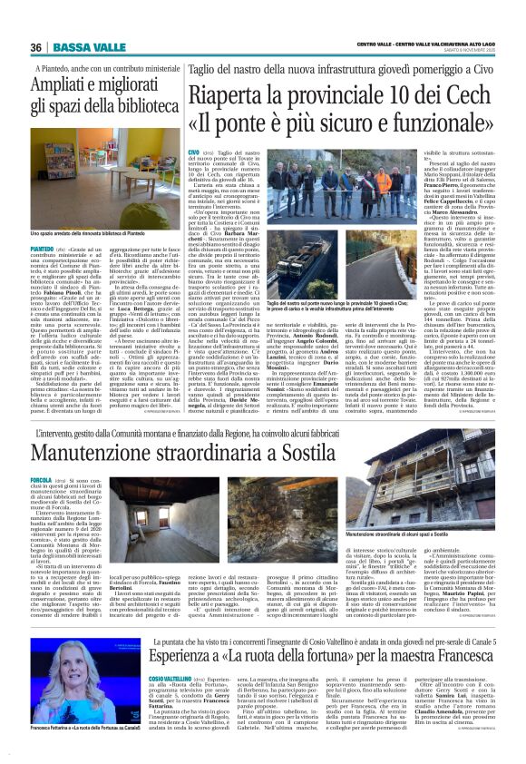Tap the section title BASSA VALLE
coord(79,47)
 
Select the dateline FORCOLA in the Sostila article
coord(46,478)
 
